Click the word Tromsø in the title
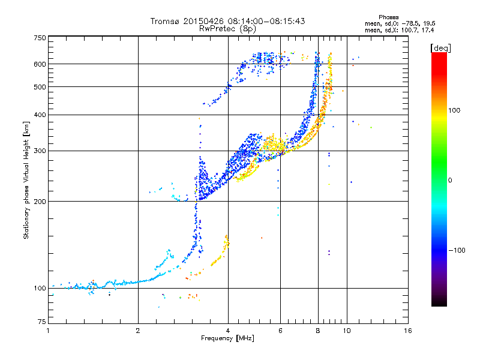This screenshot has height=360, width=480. pyautogui.click(x=166, y=21)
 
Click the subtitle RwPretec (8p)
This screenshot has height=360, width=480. pyautogui.click(x=227, y=29)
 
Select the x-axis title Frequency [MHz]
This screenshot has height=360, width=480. pyautogui.click(x=227, y=338)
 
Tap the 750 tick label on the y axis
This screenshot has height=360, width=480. pyautogui.click(x=40, y=38)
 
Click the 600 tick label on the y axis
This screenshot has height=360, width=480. pyautogui.click(x=40, y=64)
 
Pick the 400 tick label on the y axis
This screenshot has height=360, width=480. pyautogui.click(x=40, y=115)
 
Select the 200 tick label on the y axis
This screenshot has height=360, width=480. pyautogui.click(x=40, y=202)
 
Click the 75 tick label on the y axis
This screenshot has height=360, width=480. pyautogui.click(x=42, y=322)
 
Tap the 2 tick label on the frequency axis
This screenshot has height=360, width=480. pyautogui.click(x=138, y=331)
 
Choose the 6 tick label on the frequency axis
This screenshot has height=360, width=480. pyautogui.click(x=280, y=331)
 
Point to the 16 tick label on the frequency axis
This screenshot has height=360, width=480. pyautogui.click(x=408, y=331)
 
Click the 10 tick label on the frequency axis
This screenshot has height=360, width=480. pyautogui.click(x=347, y=331)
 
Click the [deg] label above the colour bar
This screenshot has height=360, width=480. pyautogui.click(x=441, y=49)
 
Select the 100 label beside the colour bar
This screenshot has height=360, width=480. pyautogui.click(x=454, y=110)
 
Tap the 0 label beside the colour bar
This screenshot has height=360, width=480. pyautogui.click(x=450, y=181)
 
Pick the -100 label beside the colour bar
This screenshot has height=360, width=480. pyautogui.click(x=457, y=250)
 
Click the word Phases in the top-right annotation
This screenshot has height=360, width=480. pyautogui.click(x=388, y=17)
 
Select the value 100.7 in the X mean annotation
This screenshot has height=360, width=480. pyautogui.click(x=411, y=31)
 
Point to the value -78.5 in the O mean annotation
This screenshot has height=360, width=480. pyautogui.click(x=410, y=24)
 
